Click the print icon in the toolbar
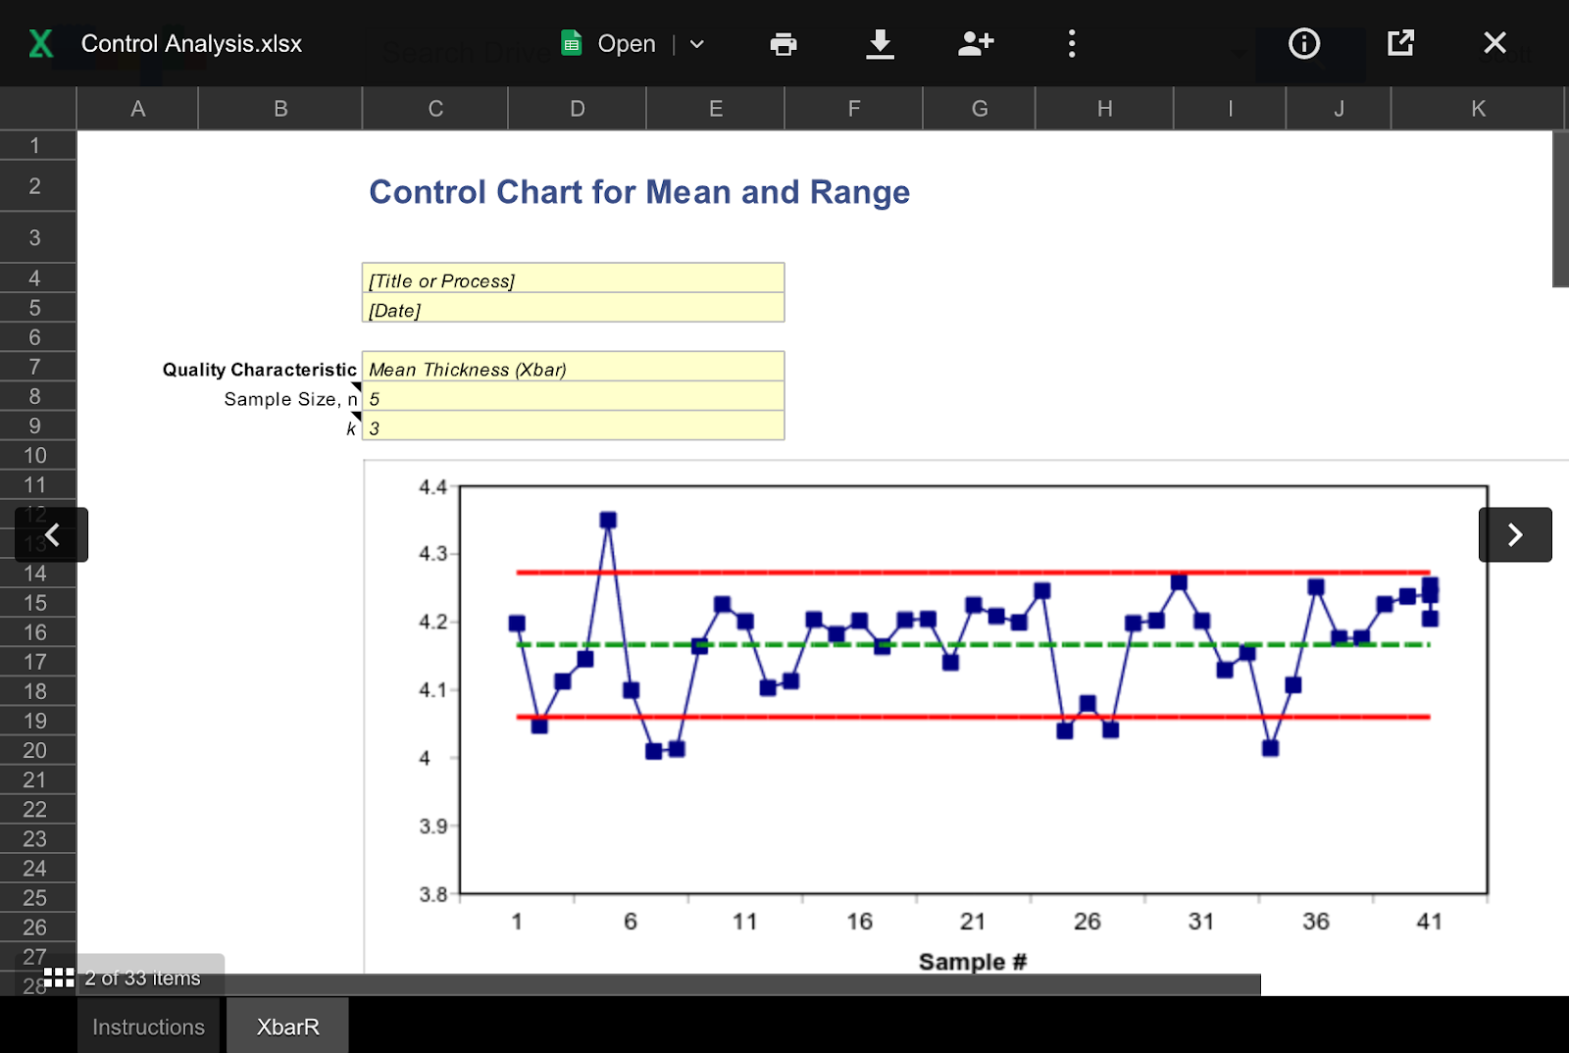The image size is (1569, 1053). tap(783, 44)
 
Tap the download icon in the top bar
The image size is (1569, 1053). tap(880, 44)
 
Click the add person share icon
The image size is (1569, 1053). tap(976, 43)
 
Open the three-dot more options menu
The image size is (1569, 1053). tap(1072, 44)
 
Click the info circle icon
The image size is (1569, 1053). tap(1303, 44)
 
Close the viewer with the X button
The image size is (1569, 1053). tap(1494, 43)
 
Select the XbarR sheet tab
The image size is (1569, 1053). tap(287, 1027)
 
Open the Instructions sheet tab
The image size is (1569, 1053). tap(149, 1027)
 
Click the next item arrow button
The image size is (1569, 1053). tap(1514, 534)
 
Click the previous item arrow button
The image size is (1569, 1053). tap(52, 534)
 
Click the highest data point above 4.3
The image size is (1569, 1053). tap(608, 520)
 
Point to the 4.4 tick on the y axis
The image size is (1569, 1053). tap(432, 487)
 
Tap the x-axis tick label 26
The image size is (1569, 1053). tap(1087, 922)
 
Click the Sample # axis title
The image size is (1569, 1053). tap(972, 962)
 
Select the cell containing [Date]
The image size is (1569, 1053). tap(573, 311)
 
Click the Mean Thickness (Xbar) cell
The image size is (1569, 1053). tap(573, 370)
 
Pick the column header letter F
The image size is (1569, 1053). tap(853, 109)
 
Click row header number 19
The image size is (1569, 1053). tap(35, 721)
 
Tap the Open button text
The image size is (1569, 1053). tap(626, 44)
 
